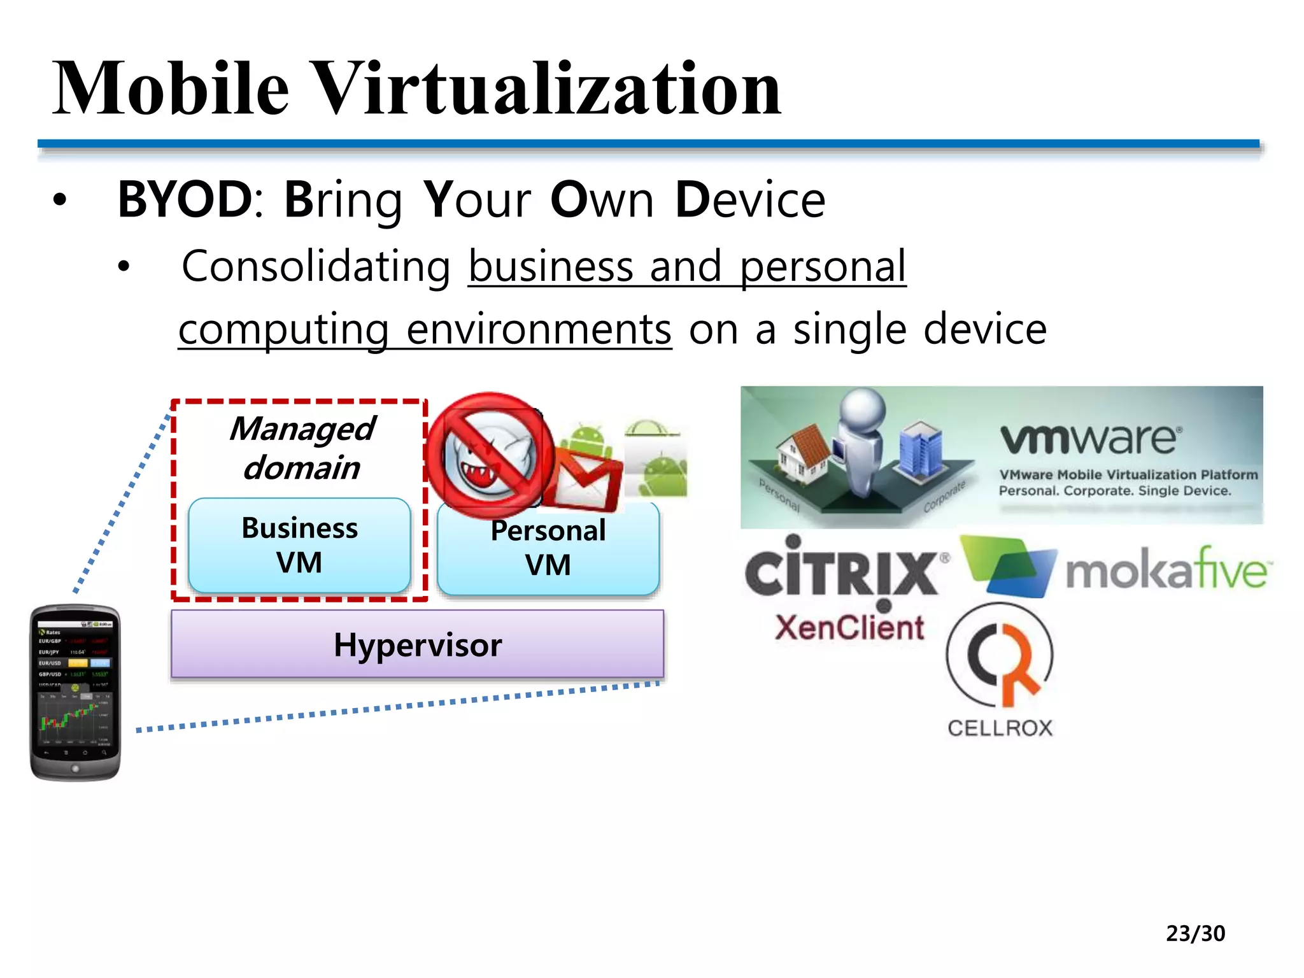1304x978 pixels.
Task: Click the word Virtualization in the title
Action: click(x=548, y=89)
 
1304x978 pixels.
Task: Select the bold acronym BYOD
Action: click(x=185, y=200)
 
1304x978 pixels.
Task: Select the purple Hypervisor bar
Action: click(x=417, y=644)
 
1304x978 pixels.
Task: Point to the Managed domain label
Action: click(x=302, y=448)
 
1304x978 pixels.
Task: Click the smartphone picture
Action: click(x=75, y=693)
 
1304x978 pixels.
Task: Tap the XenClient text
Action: click(x=849, y=628)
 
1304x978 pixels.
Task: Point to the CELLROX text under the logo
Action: click(x=1000, y=728)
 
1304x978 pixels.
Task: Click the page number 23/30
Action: click(x=1195, y=933)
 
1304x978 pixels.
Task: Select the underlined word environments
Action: click(x=539, y=330)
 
